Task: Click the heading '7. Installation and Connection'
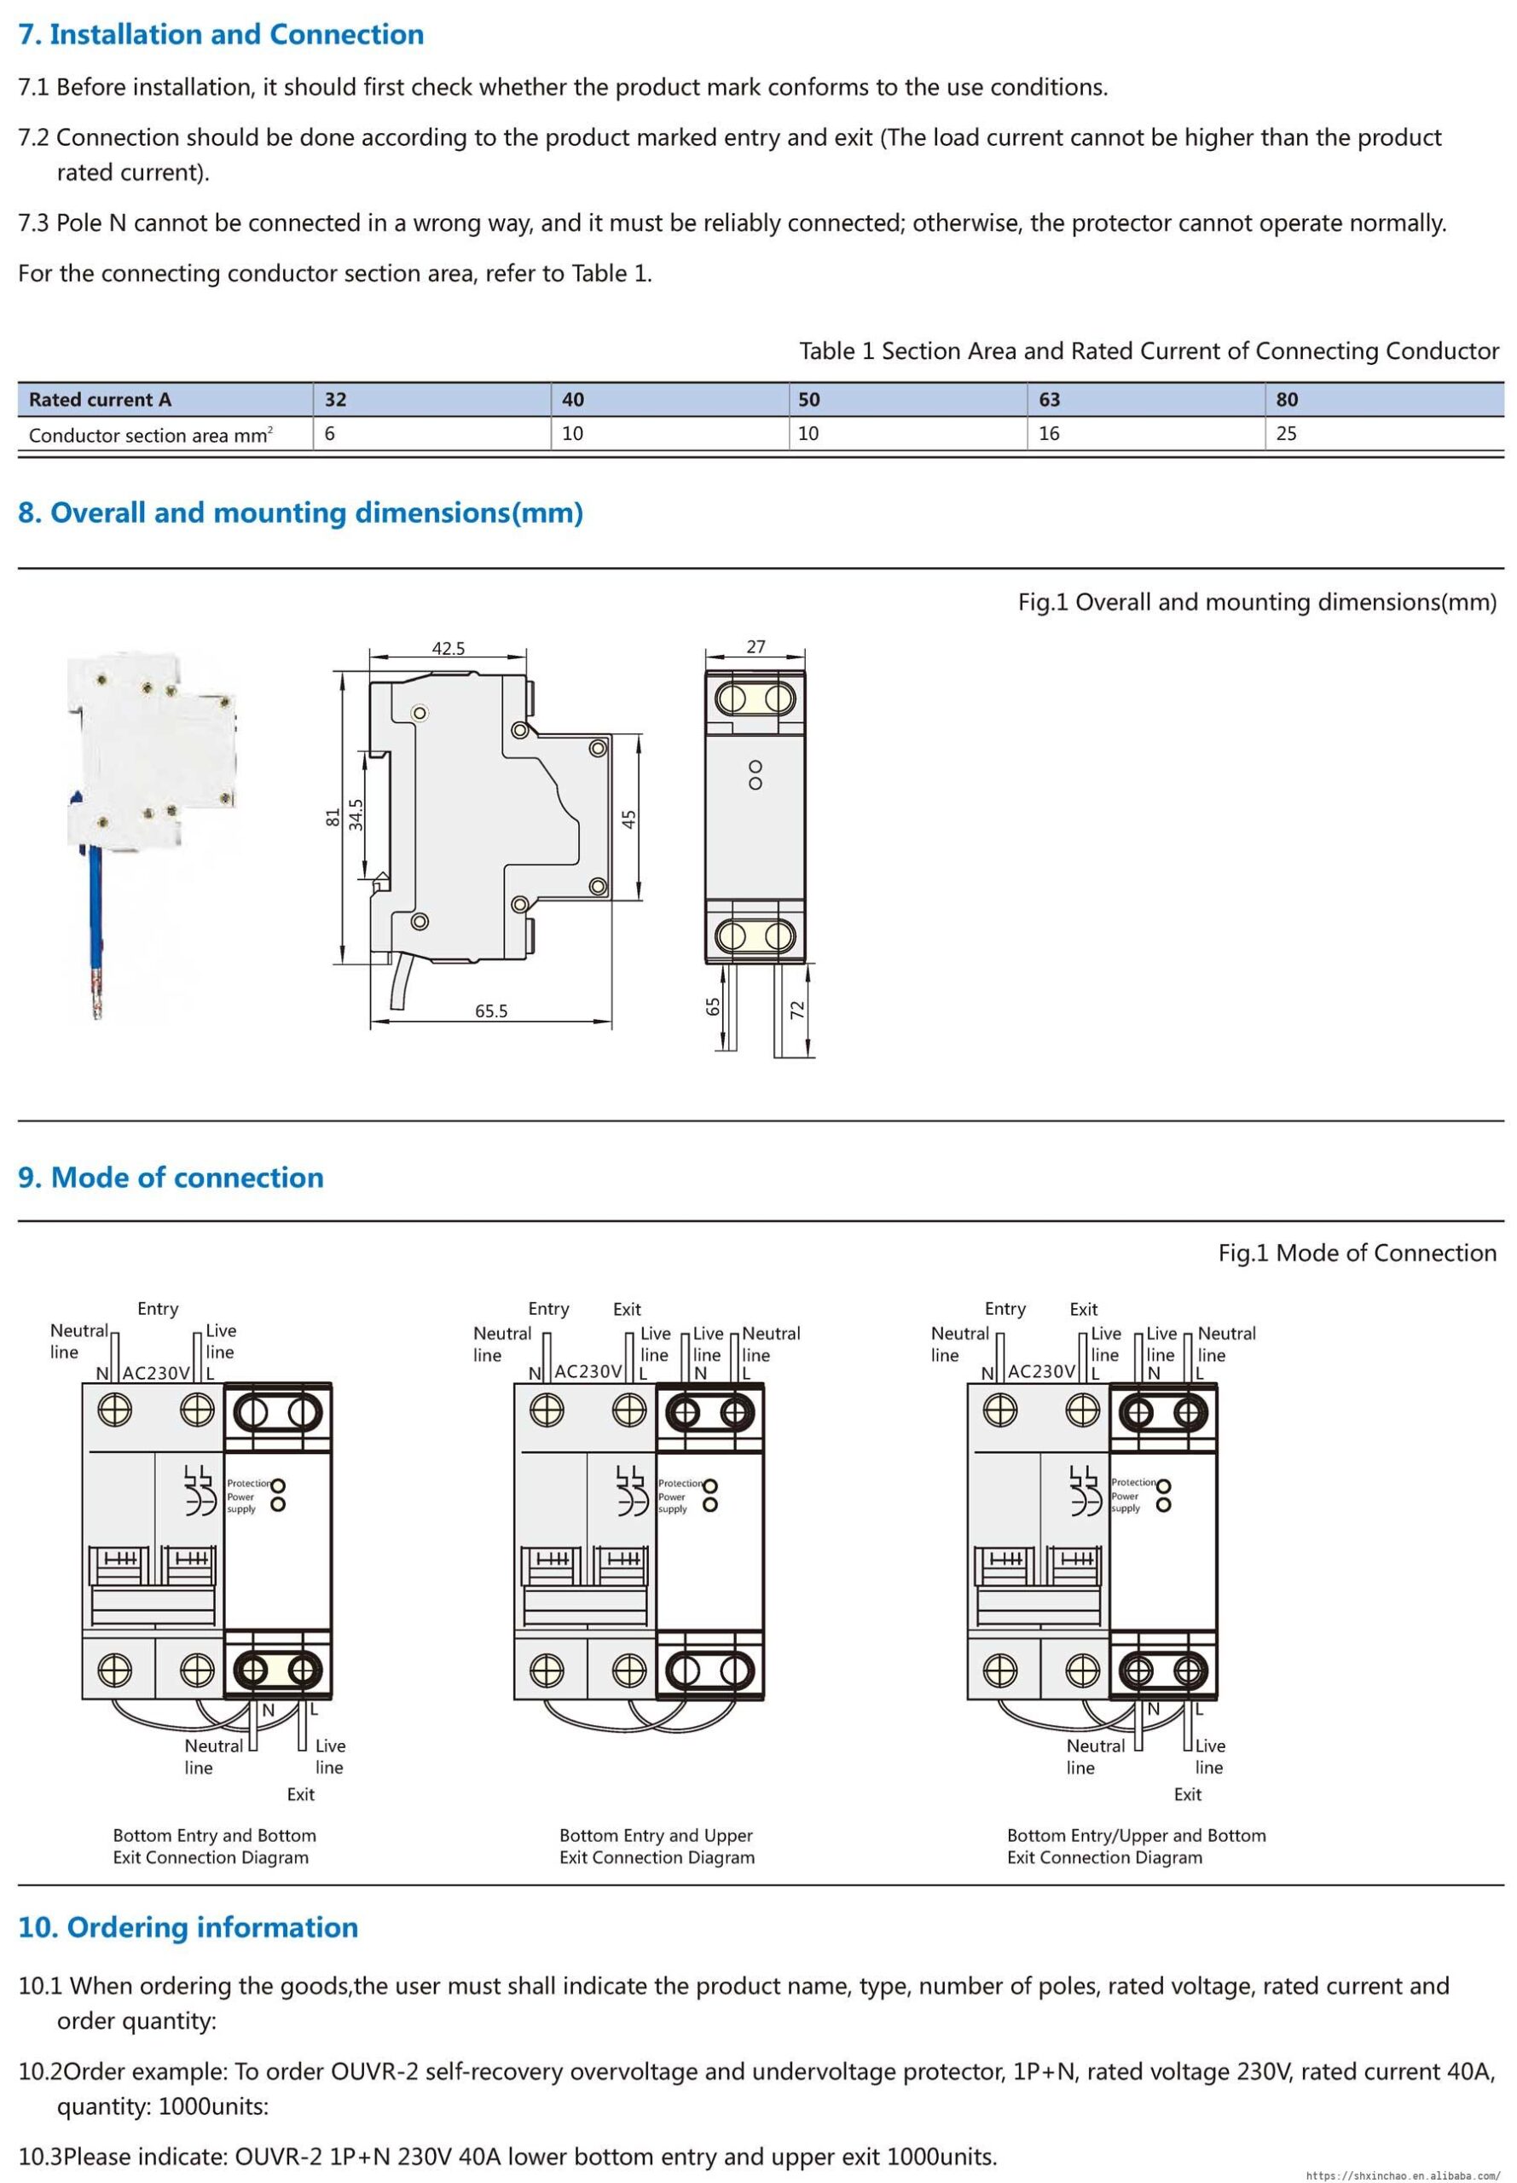[x=221, y=34]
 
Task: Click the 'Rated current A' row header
[x=100, y=399]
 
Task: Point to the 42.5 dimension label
[x=448, y=648]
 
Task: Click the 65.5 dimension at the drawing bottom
[x=490, y=1011]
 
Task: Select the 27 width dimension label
[x=756, y=646]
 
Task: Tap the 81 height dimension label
[x=333, y=817]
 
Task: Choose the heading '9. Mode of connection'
[x=171, y=1178]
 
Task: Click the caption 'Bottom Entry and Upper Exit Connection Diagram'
[x=657, y=1846]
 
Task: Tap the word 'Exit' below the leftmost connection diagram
[x=300, y=1794]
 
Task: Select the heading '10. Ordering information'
[x=188, y=1927]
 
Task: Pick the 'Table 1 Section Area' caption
[x=1149, y=350]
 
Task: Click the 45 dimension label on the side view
[x=629, y=819]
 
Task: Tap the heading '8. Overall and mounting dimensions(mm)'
[x=300, y=513]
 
